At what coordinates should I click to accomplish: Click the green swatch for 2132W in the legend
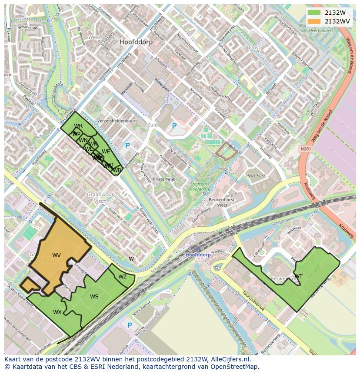313,13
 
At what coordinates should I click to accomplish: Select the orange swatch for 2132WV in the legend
313,21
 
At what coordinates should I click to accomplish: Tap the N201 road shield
306,149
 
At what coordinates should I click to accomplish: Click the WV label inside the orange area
57,255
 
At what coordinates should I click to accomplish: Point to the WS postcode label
94,297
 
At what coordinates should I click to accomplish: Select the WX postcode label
57,312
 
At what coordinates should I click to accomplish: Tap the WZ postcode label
123,277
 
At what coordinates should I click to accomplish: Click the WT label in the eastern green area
299,276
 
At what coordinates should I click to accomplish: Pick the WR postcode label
78,126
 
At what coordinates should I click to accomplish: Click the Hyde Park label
256,175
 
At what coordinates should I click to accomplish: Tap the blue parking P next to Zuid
174,126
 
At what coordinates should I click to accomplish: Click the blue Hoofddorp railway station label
198,255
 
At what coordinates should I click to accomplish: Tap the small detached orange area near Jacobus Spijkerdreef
29,285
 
